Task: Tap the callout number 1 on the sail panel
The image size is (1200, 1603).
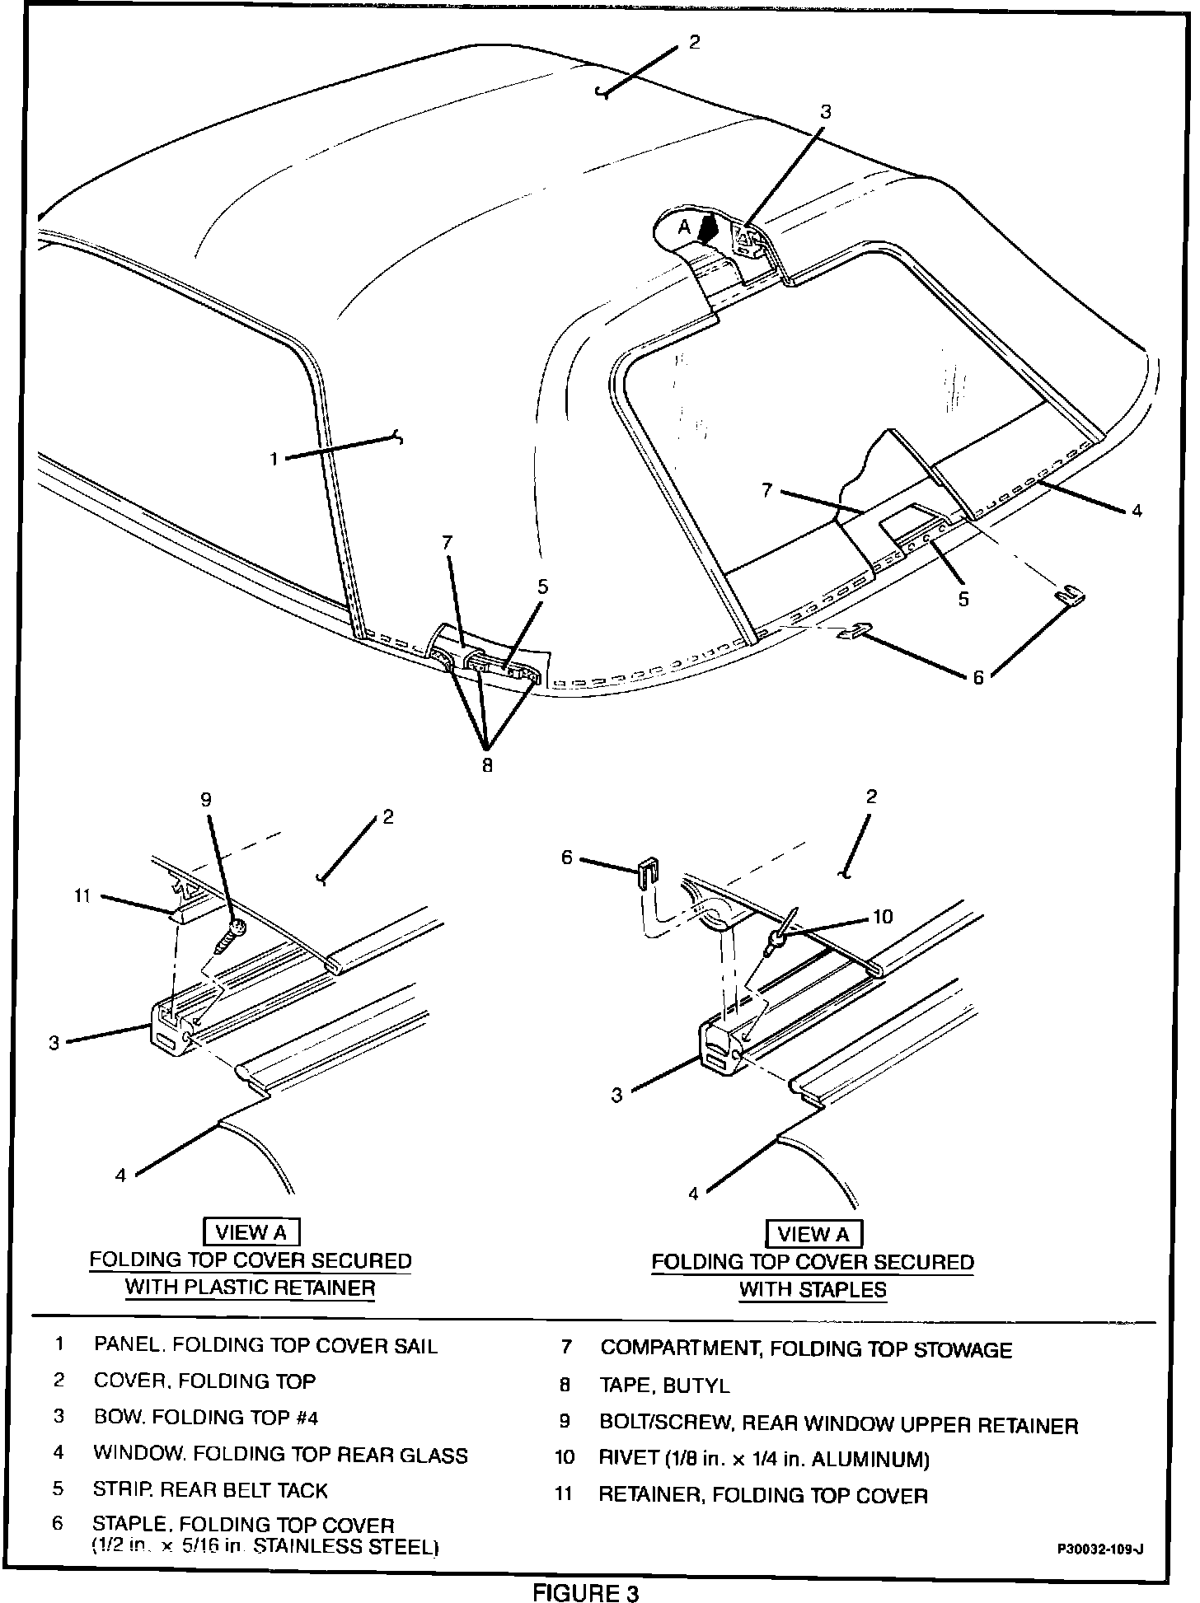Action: pos(274,459)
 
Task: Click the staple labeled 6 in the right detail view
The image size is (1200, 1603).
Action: pos(648,870)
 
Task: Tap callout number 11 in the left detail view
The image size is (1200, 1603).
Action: pos(82,897)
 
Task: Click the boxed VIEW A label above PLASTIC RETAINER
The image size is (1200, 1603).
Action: pos(251,1232)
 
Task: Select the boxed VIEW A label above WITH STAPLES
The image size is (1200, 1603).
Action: pos(813,1234)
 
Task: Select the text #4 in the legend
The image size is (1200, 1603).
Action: pos(302,1418)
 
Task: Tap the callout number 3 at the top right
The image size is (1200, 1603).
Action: pos(825,112)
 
